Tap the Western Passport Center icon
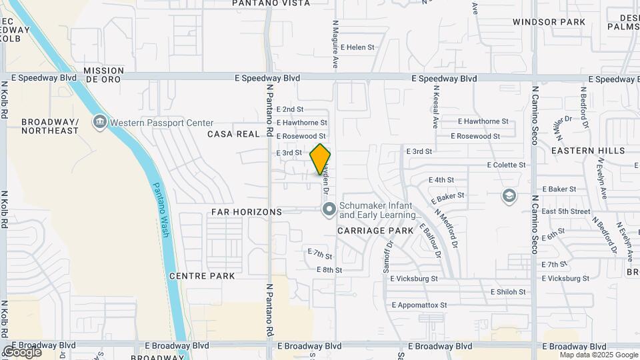point(100,122)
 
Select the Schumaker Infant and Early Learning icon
point(329,211)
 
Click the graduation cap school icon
point(509,196)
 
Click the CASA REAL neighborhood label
point(233,134)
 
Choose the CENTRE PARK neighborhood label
point(202,275)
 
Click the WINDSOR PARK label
point(549,22)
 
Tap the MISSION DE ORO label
point(104,75)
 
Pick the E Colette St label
point(507,164)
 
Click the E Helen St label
point(358,47)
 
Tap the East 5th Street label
point(566,211)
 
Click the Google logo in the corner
point(22,351)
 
